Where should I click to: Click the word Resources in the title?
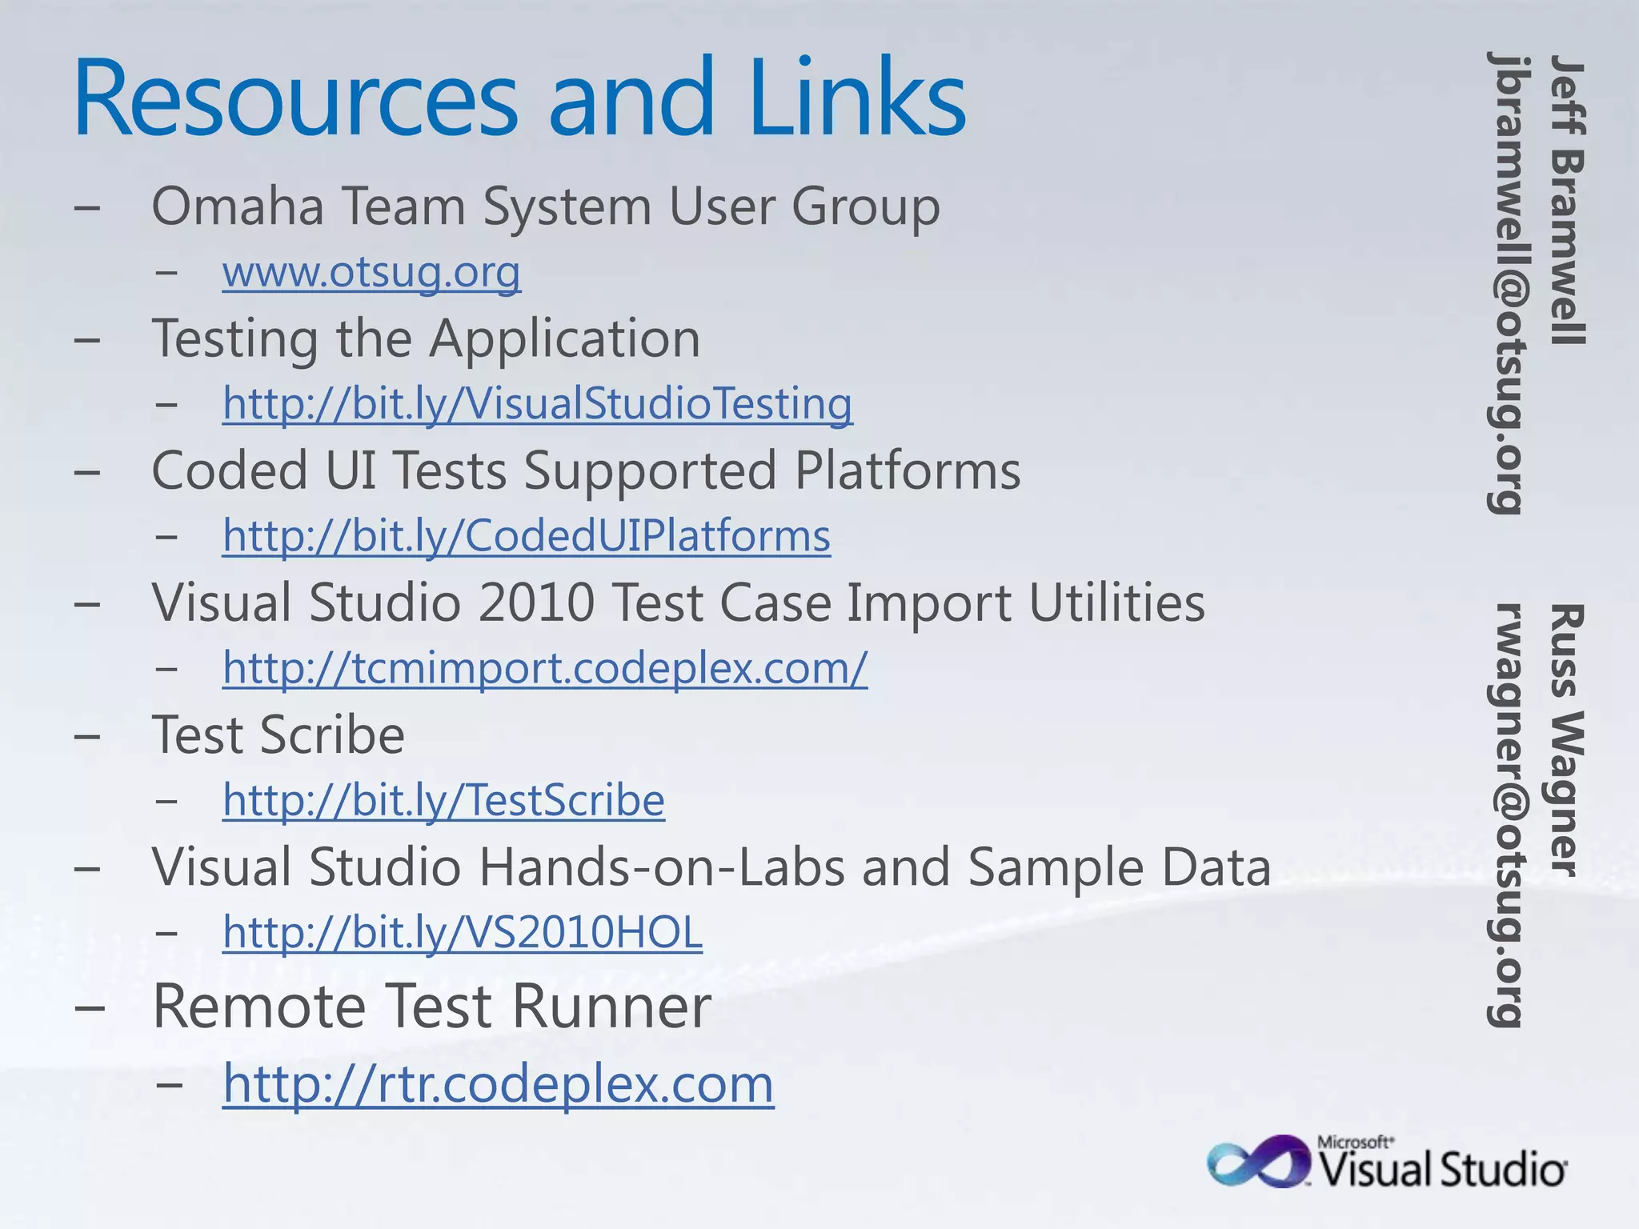point(296,100)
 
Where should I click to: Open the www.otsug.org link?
point(371,272)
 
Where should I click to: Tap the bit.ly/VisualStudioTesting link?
point(537,403)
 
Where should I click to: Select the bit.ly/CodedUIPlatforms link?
point(526,535)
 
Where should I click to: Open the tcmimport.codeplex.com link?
point(544,667)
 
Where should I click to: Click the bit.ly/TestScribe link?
point(443,799)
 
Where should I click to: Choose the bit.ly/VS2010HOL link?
point(463,931)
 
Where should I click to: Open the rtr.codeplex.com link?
point(498,1083)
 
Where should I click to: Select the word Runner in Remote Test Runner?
point(611,1007)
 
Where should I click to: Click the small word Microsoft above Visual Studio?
point(1354,1143)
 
